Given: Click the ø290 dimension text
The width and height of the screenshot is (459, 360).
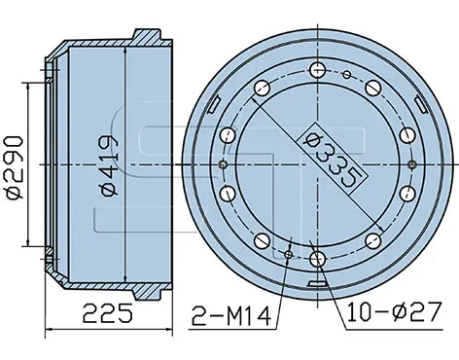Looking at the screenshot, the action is coord(15,168).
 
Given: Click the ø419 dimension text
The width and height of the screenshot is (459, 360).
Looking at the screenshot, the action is coord(110,165).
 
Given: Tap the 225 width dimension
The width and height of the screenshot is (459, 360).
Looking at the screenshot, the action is coord(108,313).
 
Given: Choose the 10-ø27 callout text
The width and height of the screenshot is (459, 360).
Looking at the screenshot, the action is coord(394,312).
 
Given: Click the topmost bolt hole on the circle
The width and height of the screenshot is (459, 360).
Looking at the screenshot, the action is coord(317,70).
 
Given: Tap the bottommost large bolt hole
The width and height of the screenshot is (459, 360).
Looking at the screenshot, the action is coord(317,259).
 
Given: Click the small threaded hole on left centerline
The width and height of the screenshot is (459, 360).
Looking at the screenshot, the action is coord(224,164).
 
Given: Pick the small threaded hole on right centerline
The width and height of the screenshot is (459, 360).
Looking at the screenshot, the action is coord(412,164).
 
